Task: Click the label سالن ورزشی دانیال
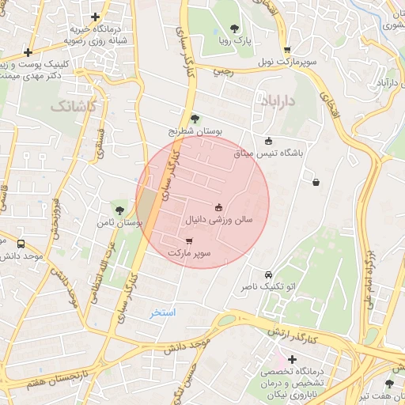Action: tap(219, 220)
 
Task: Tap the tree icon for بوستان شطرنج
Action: tap(195, 119)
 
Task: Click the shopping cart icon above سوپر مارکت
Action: tap(188, 241)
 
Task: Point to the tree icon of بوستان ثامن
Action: tap(119, 210)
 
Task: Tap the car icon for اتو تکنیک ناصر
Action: tap(268, 274)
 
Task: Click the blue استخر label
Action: tap(163, 313)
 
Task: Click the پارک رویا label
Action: tap(234, 40)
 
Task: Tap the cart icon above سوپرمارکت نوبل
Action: tap(287, 49)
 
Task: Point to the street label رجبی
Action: tap(221, 71)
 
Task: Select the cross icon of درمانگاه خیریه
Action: tap(96, 16)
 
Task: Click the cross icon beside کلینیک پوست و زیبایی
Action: tap(28, 52)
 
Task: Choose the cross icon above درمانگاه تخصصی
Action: tap(292, 360)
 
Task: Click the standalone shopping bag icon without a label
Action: tap(316, 182)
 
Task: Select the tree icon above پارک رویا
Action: tap(234, 28)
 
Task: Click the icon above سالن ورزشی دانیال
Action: tap(219, 208)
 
